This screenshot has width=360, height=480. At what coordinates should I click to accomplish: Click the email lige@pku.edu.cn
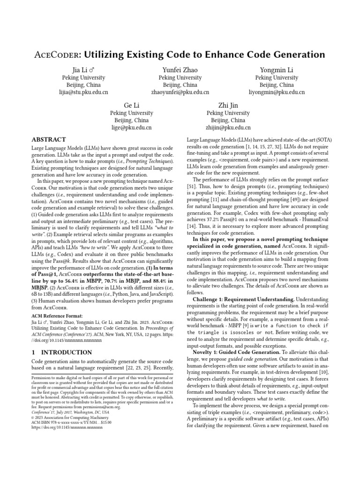point(131,127)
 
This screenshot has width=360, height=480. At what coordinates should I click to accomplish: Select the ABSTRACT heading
point(48,140)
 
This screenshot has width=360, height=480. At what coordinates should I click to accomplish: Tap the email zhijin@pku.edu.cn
point(228,127)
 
